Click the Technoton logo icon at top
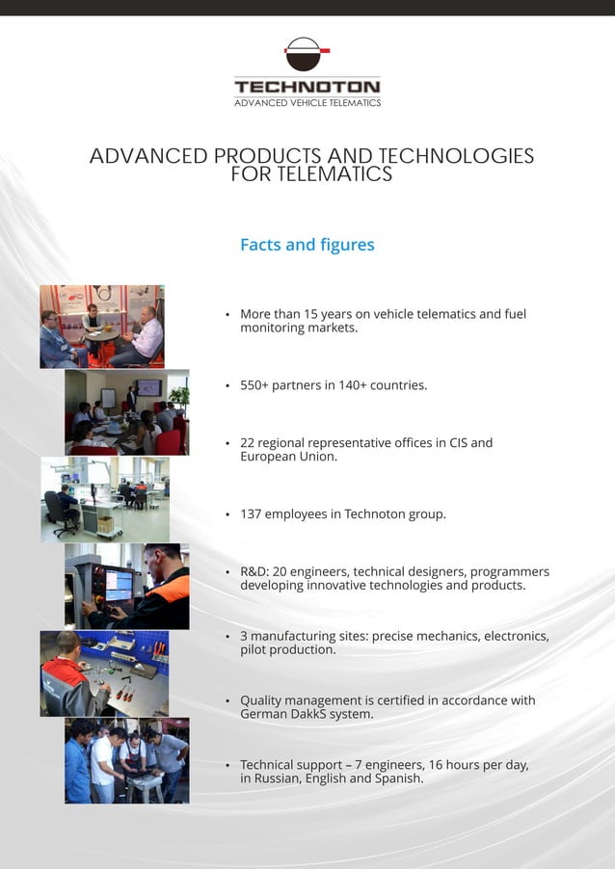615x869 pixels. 307,54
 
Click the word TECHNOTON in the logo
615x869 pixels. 307,87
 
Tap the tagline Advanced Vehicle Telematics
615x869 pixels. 307,103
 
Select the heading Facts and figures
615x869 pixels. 307,245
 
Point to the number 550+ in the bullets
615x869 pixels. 254,385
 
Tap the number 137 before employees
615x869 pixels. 251,514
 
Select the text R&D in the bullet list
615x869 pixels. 254,572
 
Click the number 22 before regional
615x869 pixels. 248,443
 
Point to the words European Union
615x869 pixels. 288,457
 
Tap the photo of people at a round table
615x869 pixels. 102,327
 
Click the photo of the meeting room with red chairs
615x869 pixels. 127,412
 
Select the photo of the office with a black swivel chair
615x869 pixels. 104,499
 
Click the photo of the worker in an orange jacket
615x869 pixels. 127,586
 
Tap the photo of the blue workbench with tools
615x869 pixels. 104,673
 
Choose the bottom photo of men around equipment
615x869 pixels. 127,760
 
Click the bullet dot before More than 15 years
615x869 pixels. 227,315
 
